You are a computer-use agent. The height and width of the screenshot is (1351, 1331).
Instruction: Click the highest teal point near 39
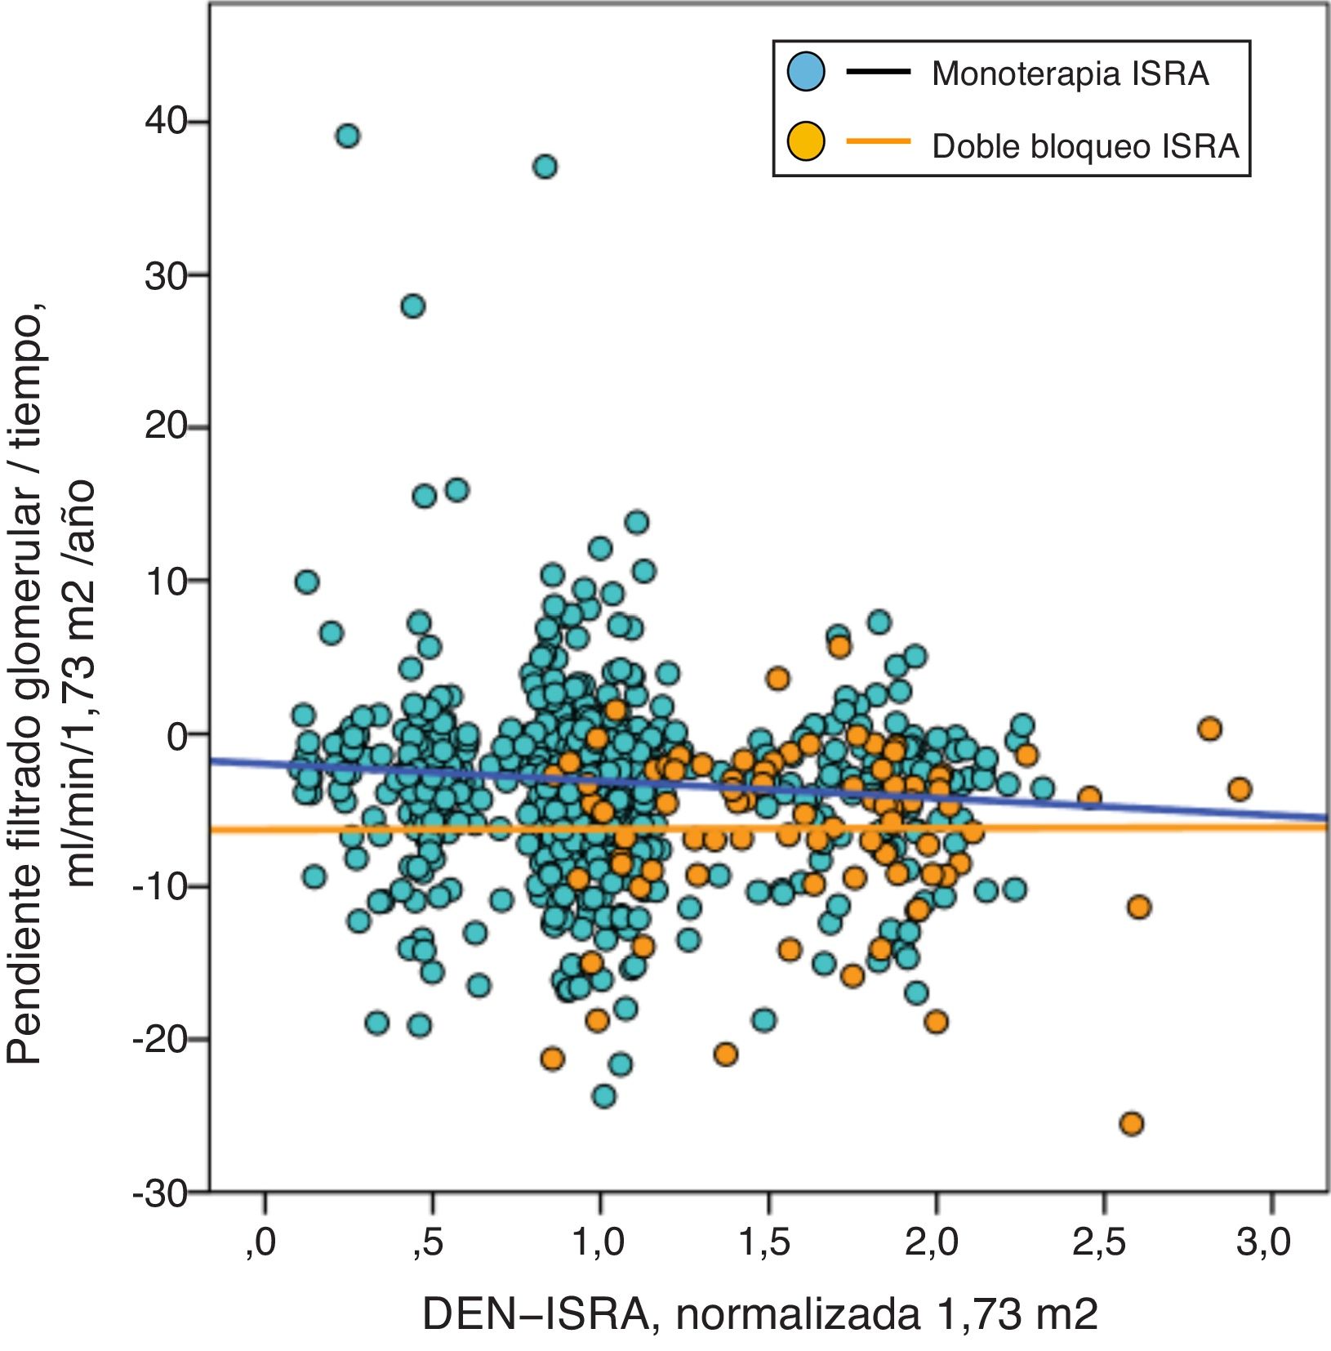(x=348, y=136)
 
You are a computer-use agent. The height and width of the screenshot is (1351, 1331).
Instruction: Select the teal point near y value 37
(x=545, y=167)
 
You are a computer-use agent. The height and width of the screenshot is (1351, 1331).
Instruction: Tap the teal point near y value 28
(x=413, y=306)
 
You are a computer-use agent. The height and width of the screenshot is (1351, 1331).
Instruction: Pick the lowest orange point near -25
(x=1132, y=1124)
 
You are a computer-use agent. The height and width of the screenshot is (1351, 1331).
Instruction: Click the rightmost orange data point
(x=1240, y=789)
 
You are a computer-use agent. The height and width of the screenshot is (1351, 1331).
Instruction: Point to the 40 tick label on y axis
(x=167, y=122)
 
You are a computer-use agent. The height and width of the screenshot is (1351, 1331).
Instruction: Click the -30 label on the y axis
(x=159, y=1195)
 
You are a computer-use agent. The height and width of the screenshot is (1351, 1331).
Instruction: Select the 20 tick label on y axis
(x=167, y=426)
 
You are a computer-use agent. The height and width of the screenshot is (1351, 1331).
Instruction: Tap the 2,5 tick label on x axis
(x=1098, y=1242)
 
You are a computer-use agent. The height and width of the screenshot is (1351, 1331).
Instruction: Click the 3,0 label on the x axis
(x=1263, y=1242)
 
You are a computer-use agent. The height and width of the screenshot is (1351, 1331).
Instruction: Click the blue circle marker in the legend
(x=806, y=72)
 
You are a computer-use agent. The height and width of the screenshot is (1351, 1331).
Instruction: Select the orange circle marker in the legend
(x=806, y=142)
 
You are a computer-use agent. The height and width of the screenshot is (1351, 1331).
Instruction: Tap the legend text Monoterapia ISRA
(x=1070, y=74)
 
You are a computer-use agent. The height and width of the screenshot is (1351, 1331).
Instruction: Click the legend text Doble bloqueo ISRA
(x=1085, y=146)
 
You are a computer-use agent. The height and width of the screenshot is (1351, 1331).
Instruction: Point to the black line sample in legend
(x=878, y=72)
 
